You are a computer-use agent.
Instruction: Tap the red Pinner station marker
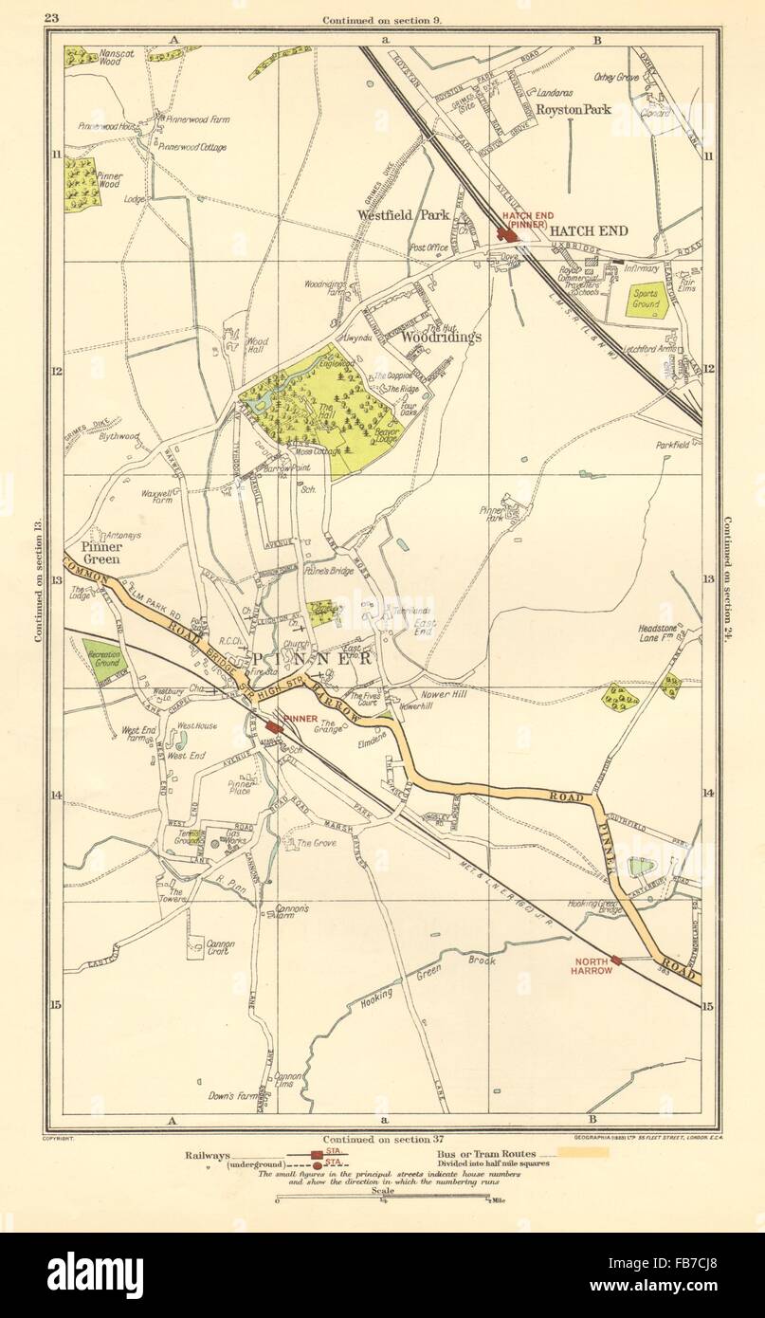273,725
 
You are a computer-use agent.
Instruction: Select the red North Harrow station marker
617,959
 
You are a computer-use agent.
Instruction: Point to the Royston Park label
574,109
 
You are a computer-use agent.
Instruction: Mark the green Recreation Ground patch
101,657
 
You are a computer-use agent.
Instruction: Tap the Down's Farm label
230,1095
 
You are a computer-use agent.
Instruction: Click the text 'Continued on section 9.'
382,19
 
